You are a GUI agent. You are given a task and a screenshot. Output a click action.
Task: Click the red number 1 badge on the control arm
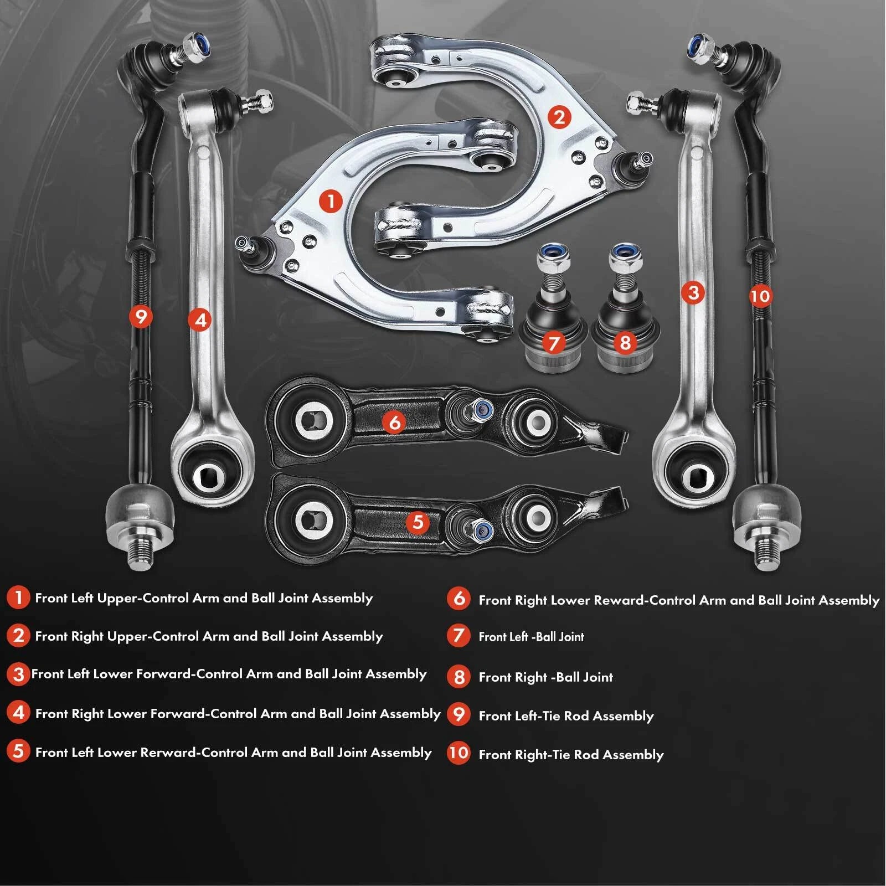pos(331,201)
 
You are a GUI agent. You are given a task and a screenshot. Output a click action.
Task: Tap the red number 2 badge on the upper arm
pos(559,117)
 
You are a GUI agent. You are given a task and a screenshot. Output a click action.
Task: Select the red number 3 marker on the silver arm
pos(693,292)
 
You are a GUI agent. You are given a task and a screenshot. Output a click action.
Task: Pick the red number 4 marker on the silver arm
pos(200,320)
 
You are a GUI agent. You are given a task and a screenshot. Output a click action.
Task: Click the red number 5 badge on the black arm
pos(418,522)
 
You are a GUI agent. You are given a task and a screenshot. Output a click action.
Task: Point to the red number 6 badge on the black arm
pos(394,423)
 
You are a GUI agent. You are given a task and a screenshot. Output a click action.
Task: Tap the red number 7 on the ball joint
pos(554,343)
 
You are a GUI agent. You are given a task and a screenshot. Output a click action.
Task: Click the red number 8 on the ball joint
pos(625,342)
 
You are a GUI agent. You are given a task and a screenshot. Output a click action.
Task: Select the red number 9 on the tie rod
pos(141,317)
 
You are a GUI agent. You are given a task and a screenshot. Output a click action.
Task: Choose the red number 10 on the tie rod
pos(760,296)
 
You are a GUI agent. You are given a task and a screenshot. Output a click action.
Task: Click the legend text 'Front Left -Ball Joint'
pos(531,637)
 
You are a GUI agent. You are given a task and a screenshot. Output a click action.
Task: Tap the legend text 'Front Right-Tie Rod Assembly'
pos(570,755)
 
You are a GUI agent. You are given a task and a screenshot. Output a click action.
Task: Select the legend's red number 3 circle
pos(18,674)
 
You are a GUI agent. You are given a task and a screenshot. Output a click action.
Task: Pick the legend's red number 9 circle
pos(459,714)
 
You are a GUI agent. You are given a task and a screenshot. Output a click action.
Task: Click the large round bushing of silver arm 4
pos(209,473)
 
